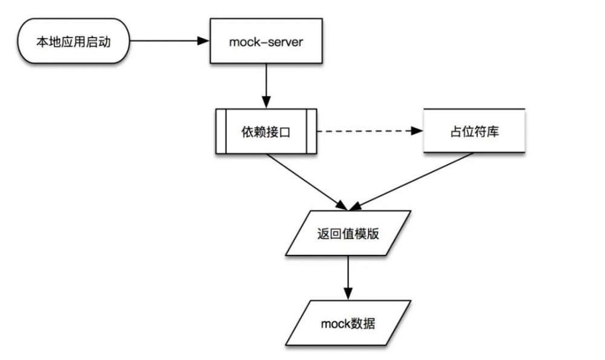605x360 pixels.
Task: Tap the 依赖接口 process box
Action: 267,131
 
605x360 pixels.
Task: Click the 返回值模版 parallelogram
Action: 348,233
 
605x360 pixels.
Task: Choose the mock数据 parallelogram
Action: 348,323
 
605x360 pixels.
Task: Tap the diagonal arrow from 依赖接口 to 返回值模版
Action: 302,178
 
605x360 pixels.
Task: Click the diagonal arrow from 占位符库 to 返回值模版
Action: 417,178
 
